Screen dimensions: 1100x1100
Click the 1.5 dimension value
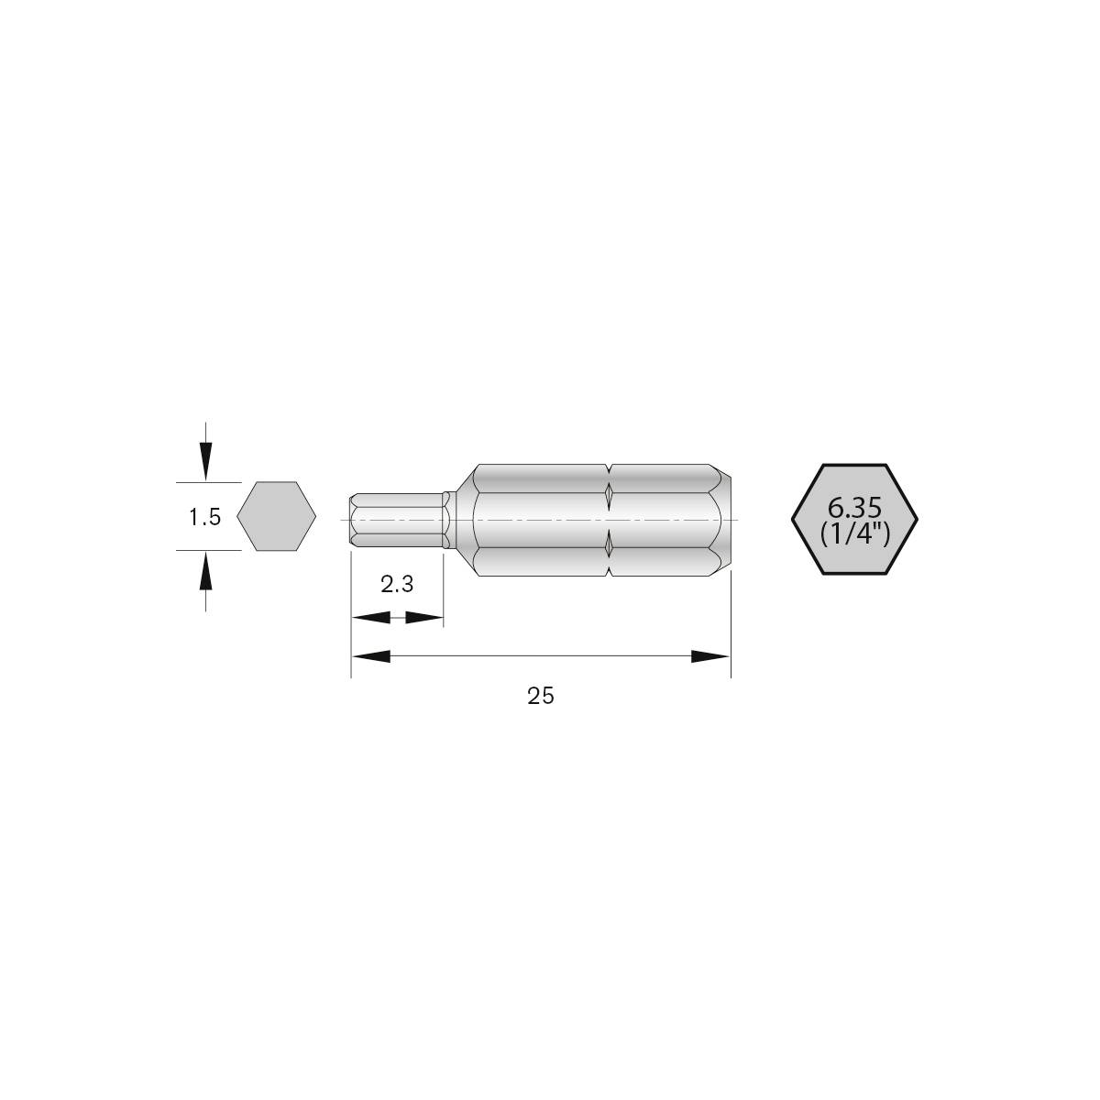point(204,517)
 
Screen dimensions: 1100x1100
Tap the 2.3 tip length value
point(397,584)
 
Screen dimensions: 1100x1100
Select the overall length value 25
point(541,696)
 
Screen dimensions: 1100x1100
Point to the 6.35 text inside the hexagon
point(854,507)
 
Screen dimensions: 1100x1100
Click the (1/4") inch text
point(855,533)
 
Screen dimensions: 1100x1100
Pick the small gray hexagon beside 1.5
point(276,517)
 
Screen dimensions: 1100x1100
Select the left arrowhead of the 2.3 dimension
point(370,619)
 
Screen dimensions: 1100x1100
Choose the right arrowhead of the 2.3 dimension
point(424,619)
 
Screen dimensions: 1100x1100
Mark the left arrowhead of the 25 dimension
point(371,656)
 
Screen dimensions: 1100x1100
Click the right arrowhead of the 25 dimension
point(710,656)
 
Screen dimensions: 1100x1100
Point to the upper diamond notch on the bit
point(609,495)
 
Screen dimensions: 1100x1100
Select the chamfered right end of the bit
point(723,520)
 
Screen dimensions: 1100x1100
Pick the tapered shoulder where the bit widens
point(465,520)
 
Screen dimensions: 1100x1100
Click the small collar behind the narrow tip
point(447,520)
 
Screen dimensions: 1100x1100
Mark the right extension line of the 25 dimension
point(731,632)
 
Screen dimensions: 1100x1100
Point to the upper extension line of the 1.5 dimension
point(208,482)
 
